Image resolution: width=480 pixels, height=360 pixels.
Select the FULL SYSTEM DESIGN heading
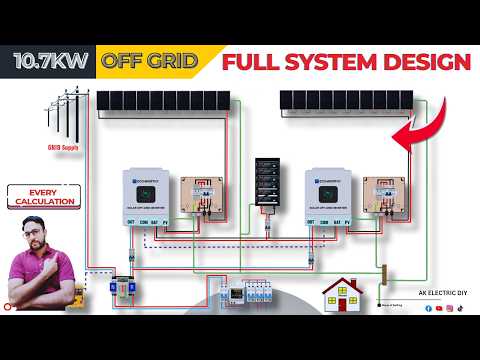345,62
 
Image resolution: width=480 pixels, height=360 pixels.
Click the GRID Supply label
62,146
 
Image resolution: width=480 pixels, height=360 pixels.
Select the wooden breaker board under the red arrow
386,196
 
